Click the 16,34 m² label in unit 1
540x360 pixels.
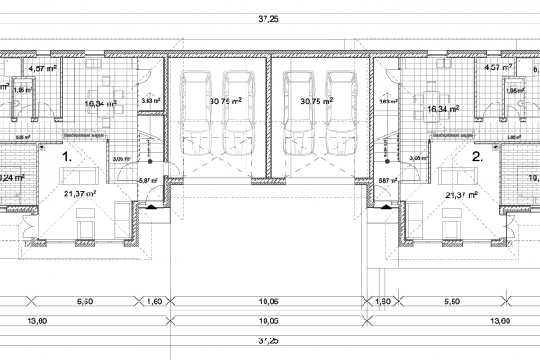point(102,103)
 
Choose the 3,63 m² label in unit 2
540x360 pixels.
point(388,102)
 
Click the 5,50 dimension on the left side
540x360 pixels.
point(86,303)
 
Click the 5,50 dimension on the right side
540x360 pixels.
point(452,303)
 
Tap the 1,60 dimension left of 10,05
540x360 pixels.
point(156,303)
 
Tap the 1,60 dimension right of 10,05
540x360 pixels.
point(382,303)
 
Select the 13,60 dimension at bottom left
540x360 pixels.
point(36,319)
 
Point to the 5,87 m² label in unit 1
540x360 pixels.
point(148,180)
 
